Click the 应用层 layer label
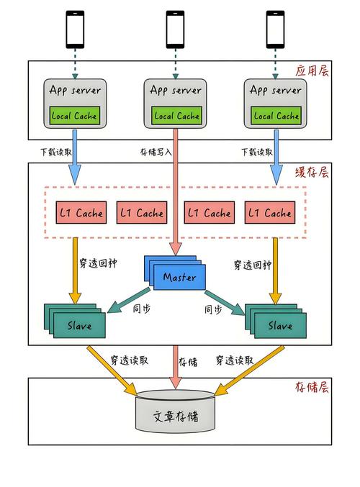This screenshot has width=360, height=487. click(x=312, y=71)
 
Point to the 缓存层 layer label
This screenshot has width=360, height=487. click(x=312, y=173)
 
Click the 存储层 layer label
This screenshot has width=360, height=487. click(x=312, y=387)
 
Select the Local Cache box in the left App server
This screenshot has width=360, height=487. click(x=74, y=115)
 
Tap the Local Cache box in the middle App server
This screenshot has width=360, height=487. click(x=176, y=115)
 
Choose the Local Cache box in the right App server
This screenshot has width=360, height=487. click(x=276, y=115)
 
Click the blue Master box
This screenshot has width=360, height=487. click(x=179, y=277)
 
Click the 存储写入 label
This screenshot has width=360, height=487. click(x=155, y=152)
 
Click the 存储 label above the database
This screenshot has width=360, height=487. click(x=189, y=361)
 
